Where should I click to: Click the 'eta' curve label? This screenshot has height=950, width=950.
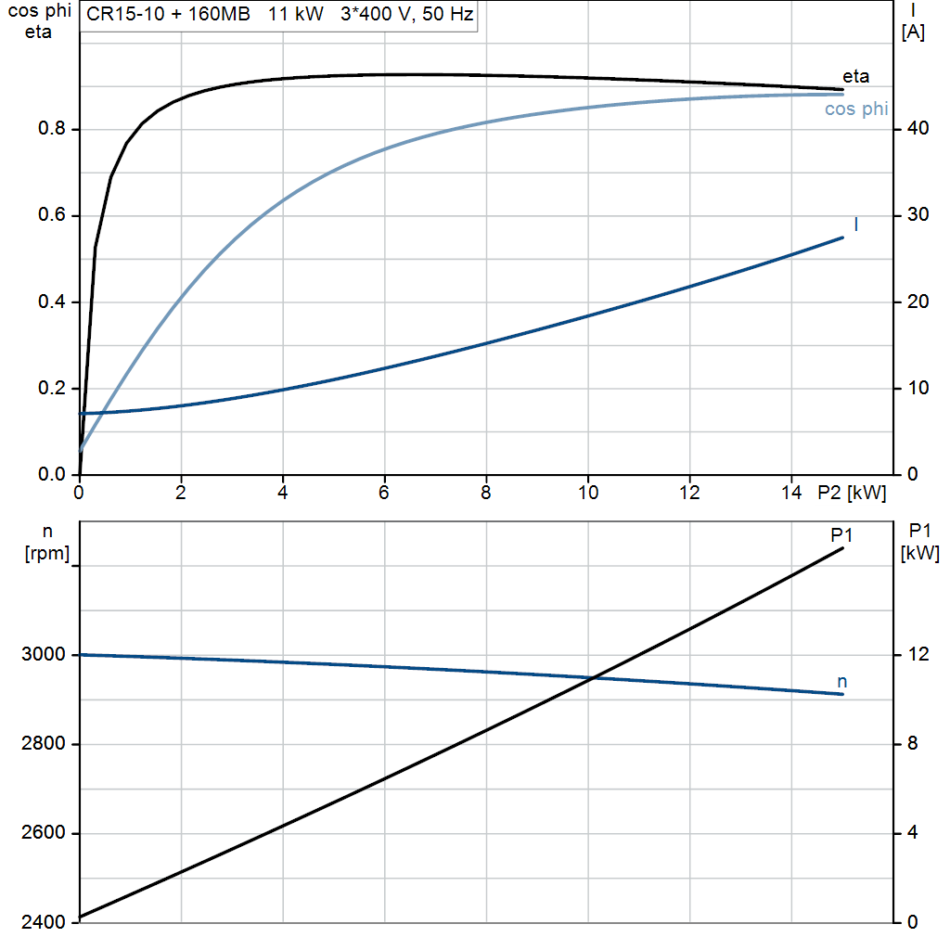point(855,76)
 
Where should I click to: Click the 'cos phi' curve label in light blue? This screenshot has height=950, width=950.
point(856,109)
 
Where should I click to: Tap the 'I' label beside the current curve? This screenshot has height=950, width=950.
point(855,224)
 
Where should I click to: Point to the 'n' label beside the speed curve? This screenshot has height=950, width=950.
point(842,682)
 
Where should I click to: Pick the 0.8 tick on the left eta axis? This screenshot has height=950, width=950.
point(51,129)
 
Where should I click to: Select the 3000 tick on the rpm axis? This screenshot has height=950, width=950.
point(43,655)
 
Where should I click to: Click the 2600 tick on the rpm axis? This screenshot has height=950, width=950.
point(43,833)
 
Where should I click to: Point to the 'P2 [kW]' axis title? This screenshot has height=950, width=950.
point(852,493)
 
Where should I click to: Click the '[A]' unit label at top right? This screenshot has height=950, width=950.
point(913,32)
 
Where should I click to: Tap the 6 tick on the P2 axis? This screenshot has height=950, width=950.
point(384,493)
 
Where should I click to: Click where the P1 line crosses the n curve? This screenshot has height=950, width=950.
point(592,678)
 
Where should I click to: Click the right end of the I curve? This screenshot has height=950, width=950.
point(842,237)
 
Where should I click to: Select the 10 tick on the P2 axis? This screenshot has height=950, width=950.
point(587,493)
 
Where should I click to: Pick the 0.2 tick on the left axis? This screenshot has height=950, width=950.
point(51,389)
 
